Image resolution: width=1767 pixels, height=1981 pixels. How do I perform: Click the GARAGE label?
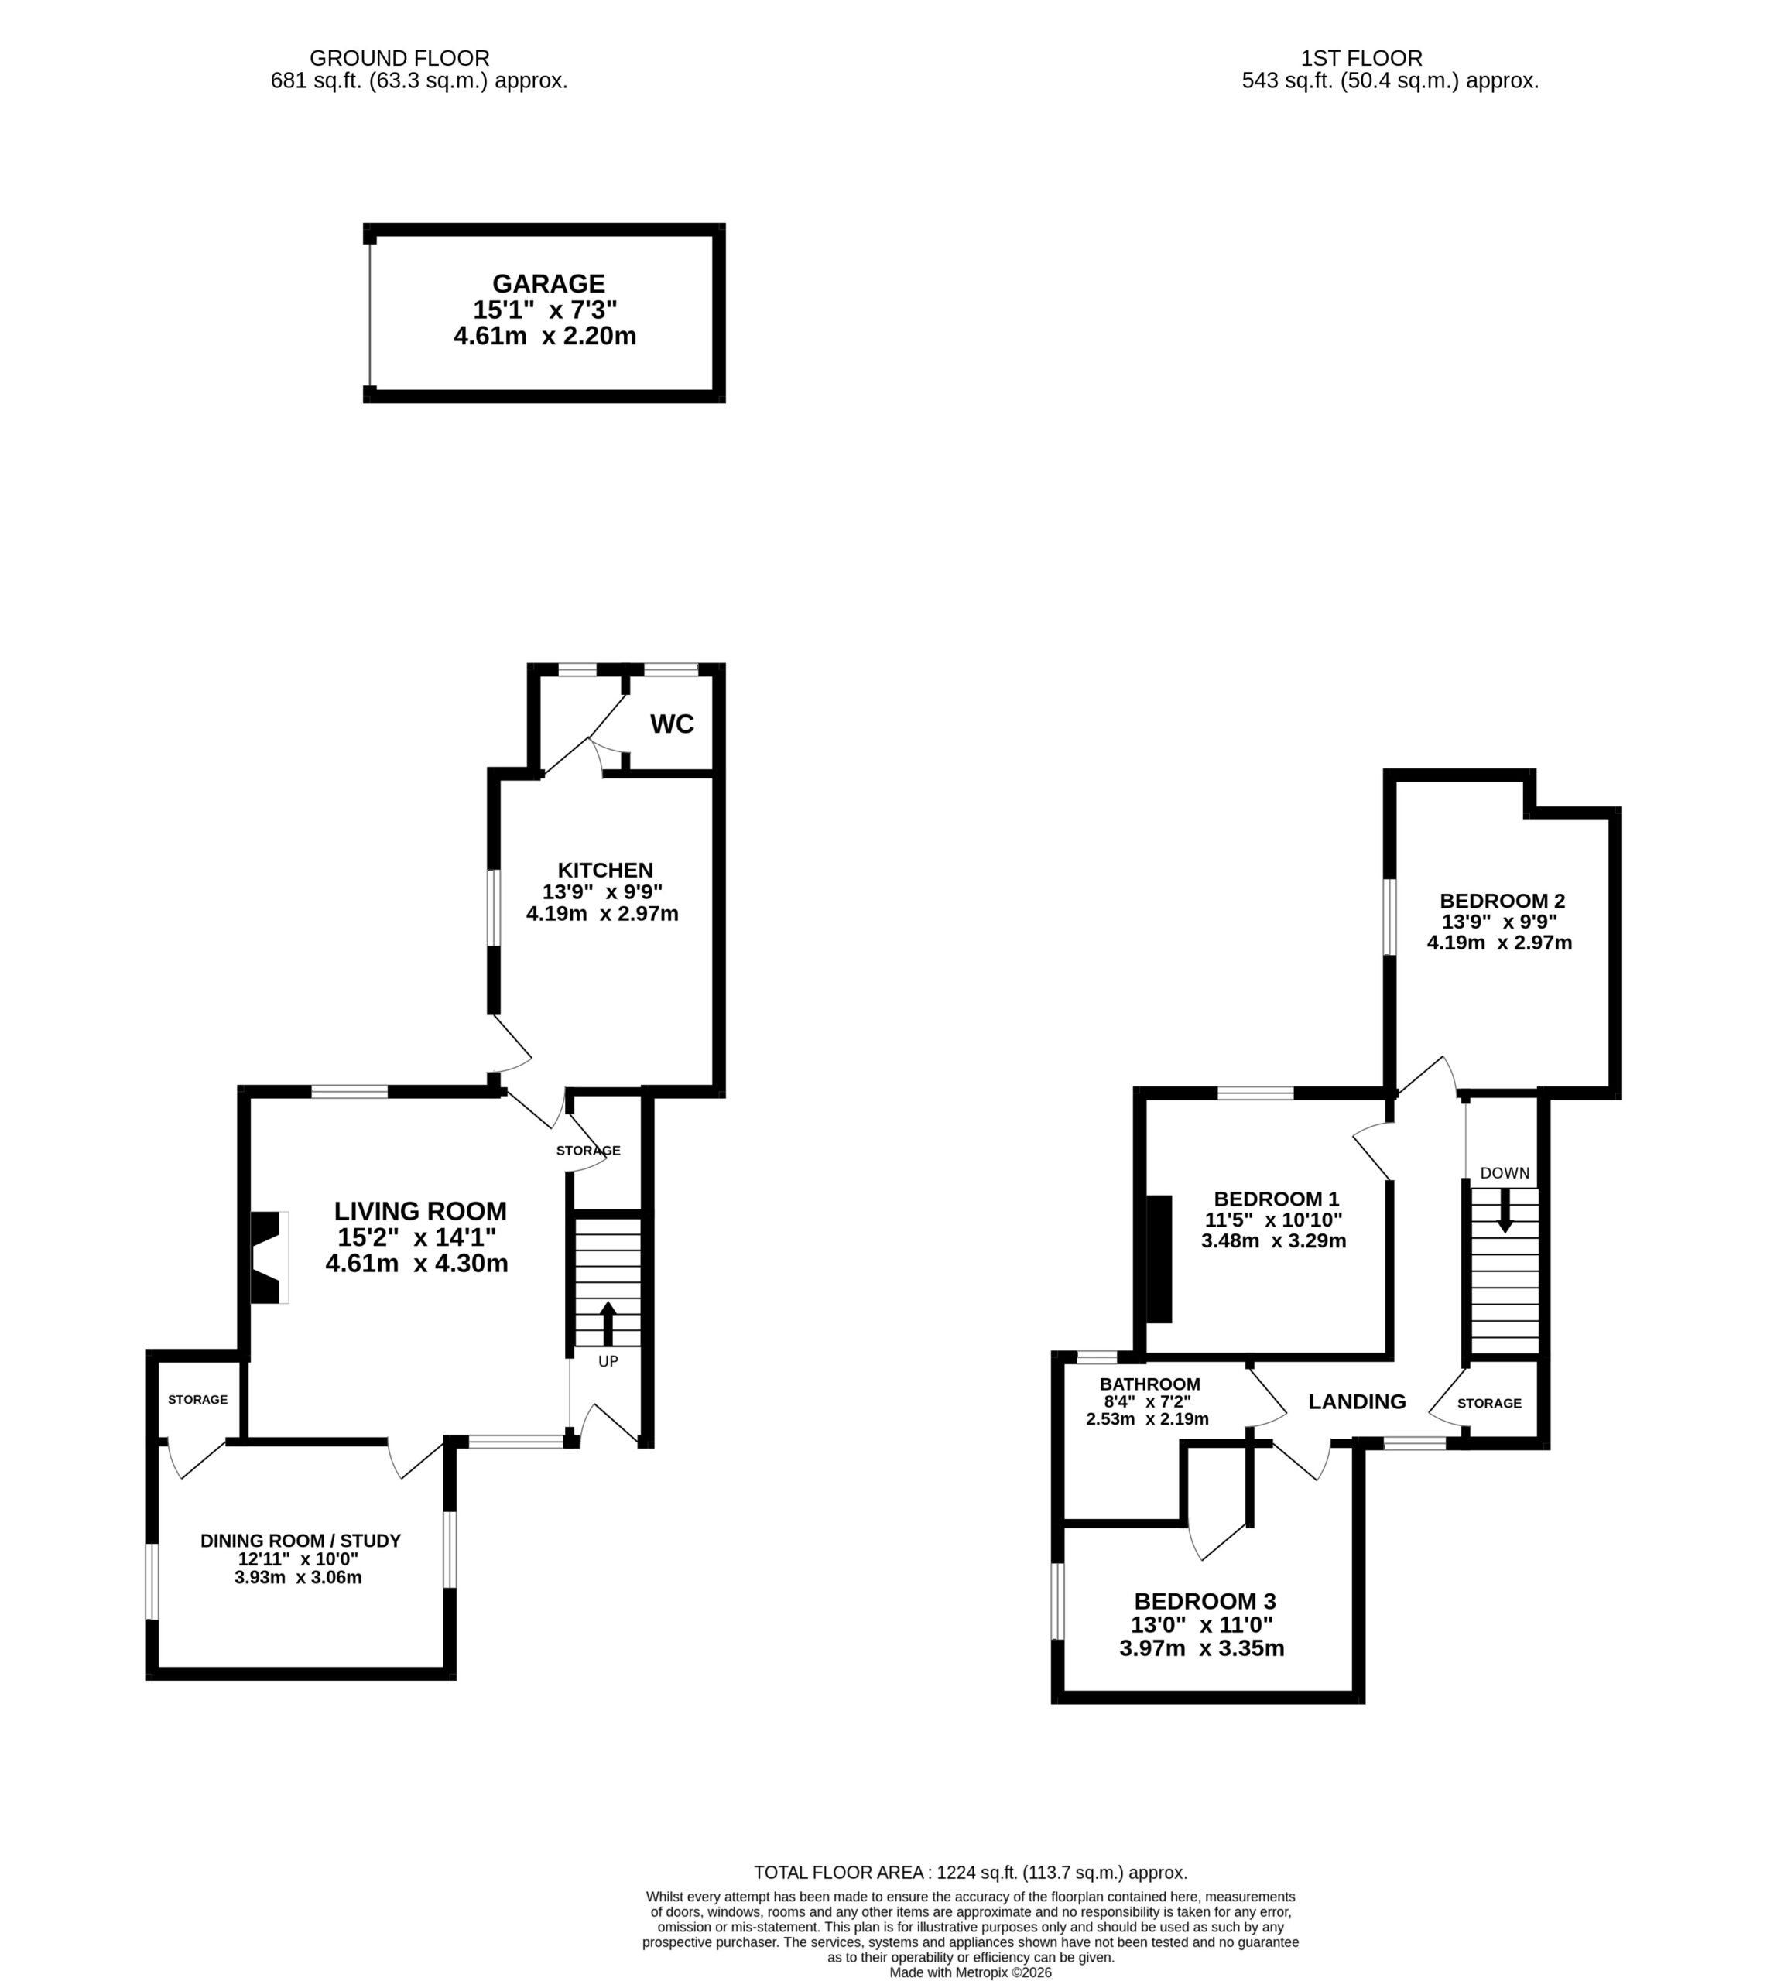pyautogui.click(x=549, y=283)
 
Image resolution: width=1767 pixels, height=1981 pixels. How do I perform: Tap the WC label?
pyautogui.click(x=672, y=724)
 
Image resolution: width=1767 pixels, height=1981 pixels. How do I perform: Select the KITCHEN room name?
pyautogui.click(x=604, y=870)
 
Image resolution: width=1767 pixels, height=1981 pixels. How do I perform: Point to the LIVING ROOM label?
pyautogui.click(x=420, y=1211)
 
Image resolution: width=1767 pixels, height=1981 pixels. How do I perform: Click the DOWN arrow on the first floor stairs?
pyautogui.click(x=1505, y=1211)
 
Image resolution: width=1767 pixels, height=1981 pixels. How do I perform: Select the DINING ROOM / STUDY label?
pyautogui.click(x=301, y=1541)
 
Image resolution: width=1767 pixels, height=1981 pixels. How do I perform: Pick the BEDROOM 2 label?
pyautogui.click(x=1503, y=901)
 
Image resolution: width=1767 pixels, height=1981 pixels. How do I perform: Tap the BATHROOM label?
pyautogui.click(x=1149, y=1384)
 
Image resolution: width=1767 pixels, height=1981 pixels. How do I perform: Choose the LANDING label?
pyautogui.click(x=1358, y=1401)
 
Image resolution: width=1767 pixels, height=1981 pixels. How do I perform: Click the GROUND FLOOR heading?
pyautogui.click(x=399, y=58)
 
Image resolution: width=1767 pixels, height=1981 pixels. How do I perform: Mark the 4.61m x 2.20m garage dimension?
pyautogui.click(x=545, y=337)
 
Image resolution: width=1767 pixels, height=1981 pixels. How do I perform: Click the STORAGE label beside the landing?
pyautogui.click(x=1489, y=1404)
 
